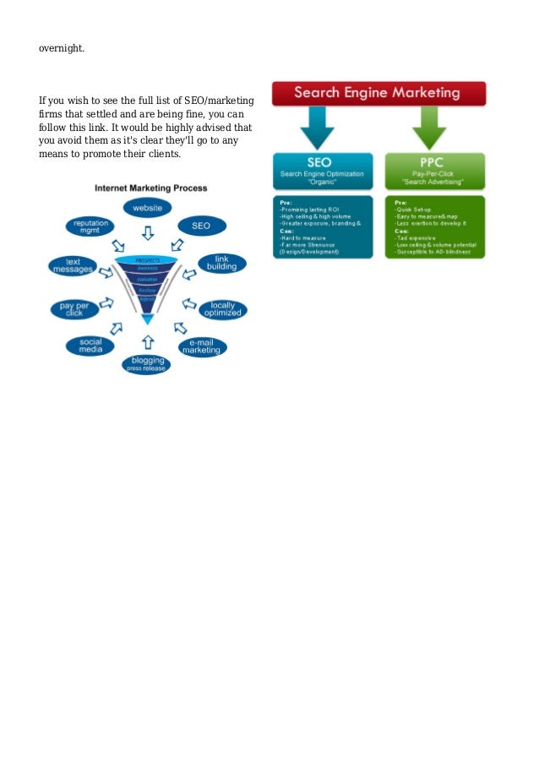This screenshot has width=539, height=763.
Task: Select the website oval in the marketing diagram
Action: pos(147,207)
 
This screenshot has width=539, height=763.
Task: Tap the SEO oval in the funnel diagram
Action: pos(201,226)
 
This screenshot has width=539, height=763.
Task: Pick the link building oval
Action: pos(222,263)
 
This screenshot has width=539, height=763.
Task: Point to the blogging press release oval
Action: pos(147,365)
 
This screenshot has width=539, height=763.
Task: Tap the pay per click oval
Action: pos(74,309)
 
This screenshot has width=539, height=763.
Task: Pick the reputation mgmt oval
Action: pos(90,227)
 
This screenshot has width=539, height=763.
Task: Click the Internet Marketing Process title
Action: pos(150,188)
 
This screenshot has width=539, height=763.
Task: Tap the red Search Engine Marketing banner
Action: pos(378,93)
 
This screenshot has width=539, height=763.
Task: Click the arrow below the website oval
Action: pos(147,232)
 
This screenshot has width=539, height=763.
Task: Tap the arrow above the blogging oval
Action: pos(147,341)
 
